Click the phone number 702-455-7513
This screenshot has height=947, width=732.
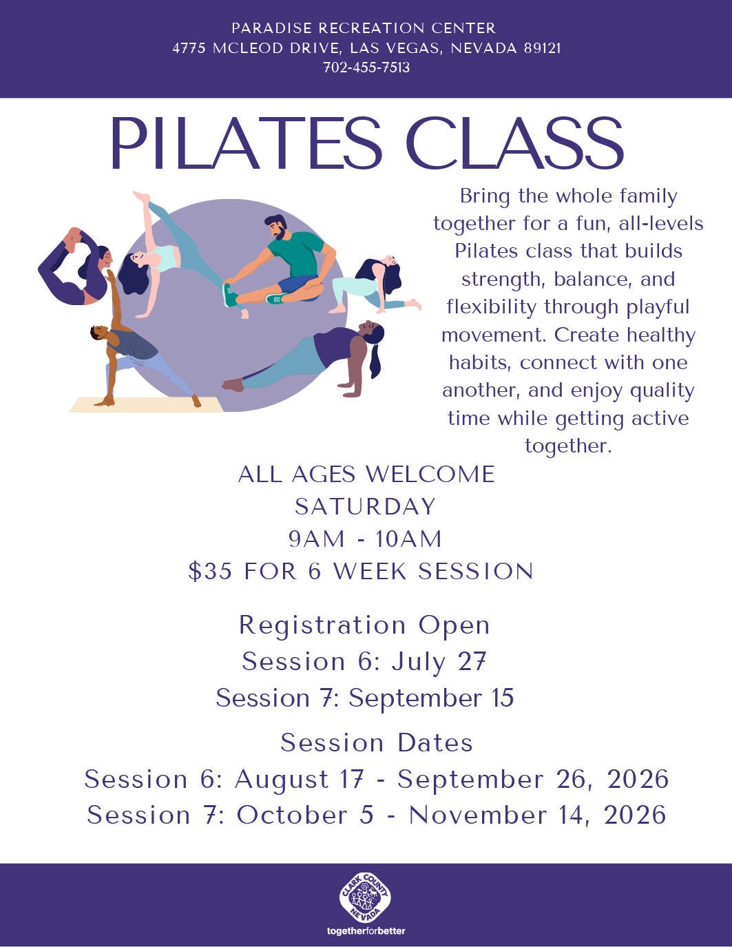(x=366, y=67)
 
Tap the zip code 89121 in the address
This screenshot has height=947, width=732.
(x=542, y=48)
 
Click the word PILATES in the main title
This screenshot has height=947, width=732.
(x=246, y=143)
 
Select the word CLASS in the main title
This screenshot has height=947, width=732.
(x=514, y=143)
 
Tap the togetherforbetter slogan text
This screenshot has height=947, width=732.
(x=366, y=931)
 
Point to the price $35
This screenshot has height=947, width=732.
(x=210, y=572)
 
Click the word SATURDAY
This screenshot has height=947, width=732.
(x=365, y=506)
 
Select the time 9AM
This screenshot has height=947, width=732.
(x=317, y=539)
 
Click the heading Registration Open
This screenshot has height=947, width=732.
(x=365, y=626)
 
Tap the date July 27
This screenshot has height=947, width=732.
(x=439, y=662)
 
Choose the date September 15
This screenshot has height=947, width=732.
(x=431, y=698)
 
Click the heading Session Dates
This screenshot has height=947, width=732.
(x=377, y=742)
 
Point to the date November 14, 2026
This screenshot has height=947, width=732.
(x=538, y=815)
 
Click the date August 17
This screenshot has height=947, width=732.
(x=299, y=779)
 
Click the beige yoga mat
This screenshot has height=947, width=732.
(x=147, y=404)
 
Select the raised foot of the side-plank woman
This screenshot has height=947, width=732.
(x=142, y=196)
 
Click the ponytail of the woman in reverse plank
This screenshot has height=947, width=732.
(x=375, y=360)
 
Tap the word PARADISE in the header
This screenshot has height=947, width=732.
(x=271, y=28)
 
